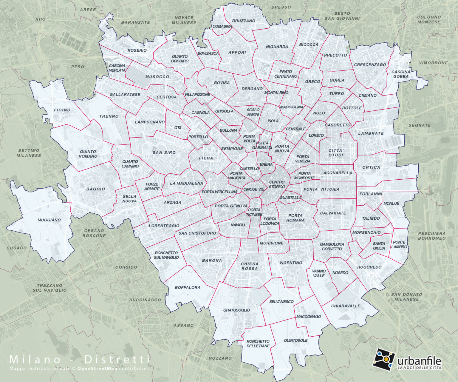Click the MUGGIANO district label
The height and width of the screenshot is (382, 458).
[x=49, y=220]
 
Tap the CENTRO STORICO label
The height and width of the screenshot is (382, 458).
[x=277, y=184]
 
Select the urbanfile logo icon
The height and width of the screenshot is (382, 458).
[x=383, y=359]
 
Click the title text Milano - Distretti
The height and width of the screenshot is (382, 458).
[x=80, y=359]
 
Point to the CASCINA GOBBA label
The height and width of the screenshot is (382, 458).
[x=401, y=74]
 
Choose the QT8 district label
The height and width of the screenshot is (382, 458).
[x=178, y=128]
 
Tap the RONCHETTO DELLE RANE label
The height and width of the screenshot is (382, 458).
[x=258, y=344]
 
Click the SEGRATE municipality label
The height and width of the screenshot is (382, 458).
[x=420, y=125]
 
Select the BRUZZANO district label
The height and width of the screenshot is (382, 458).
[x=244, y=21]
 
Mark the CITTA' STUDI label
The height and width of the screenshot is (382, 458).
[x=336, y=153]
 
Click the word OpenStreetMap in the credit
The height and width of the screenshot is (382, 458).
[x=97, y=368]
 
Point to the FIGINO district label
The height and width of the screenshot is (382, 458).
[x=62, y=110]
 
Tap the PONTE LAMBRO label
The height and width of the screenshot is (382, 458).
[x=399, y=244]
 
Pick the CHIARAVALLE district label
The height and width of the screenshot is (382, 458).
[x=346, y=306]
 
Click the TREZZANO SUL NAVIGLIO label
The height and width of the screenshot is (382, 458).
[x=49, y=288]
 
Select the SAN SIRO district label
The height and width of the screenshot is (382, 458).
[x=164, y=153]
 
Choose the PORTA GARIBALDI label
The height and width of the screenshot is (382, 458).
[x=262, y=145]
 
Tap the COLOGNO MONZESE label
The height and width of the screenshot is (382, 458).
[x=429, y=19]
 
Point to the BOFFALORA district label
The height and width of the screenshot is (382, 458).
[x=188, y=287]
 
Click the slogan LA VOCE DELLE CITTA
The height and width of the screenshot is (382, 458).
[x=419, y=367]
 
